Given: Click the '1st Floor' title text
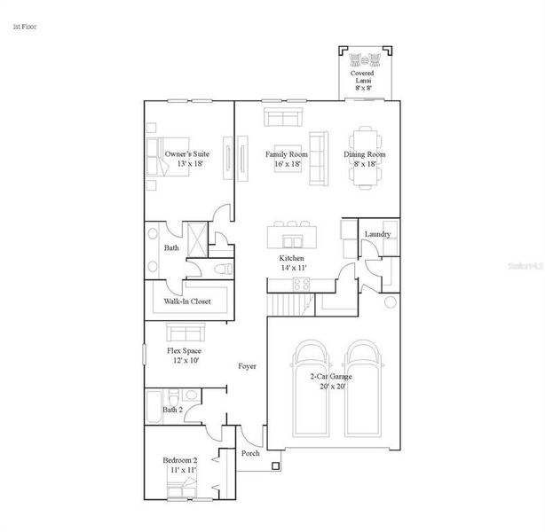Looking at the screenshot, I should click(x=25, y=27).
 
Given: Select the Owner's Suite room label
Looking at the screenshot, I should click(x=185, y=159).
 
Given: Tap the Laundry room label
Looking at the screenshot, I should click(x=377, y=234).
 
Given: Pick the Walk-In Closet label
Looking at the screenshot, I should click(x=186, y=301).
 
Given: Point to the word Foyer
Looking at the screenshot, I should click(x=248, y=366).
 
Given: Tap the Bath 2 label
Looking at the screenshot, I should click(x=173, y=410).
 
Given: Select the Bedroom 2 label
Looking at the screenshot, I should click(x=179, y=465).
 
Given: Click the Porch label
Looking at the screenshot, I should click(x=250, y=453).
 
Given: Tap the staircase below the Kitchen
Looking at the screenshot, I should click(x=285, y=306).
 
